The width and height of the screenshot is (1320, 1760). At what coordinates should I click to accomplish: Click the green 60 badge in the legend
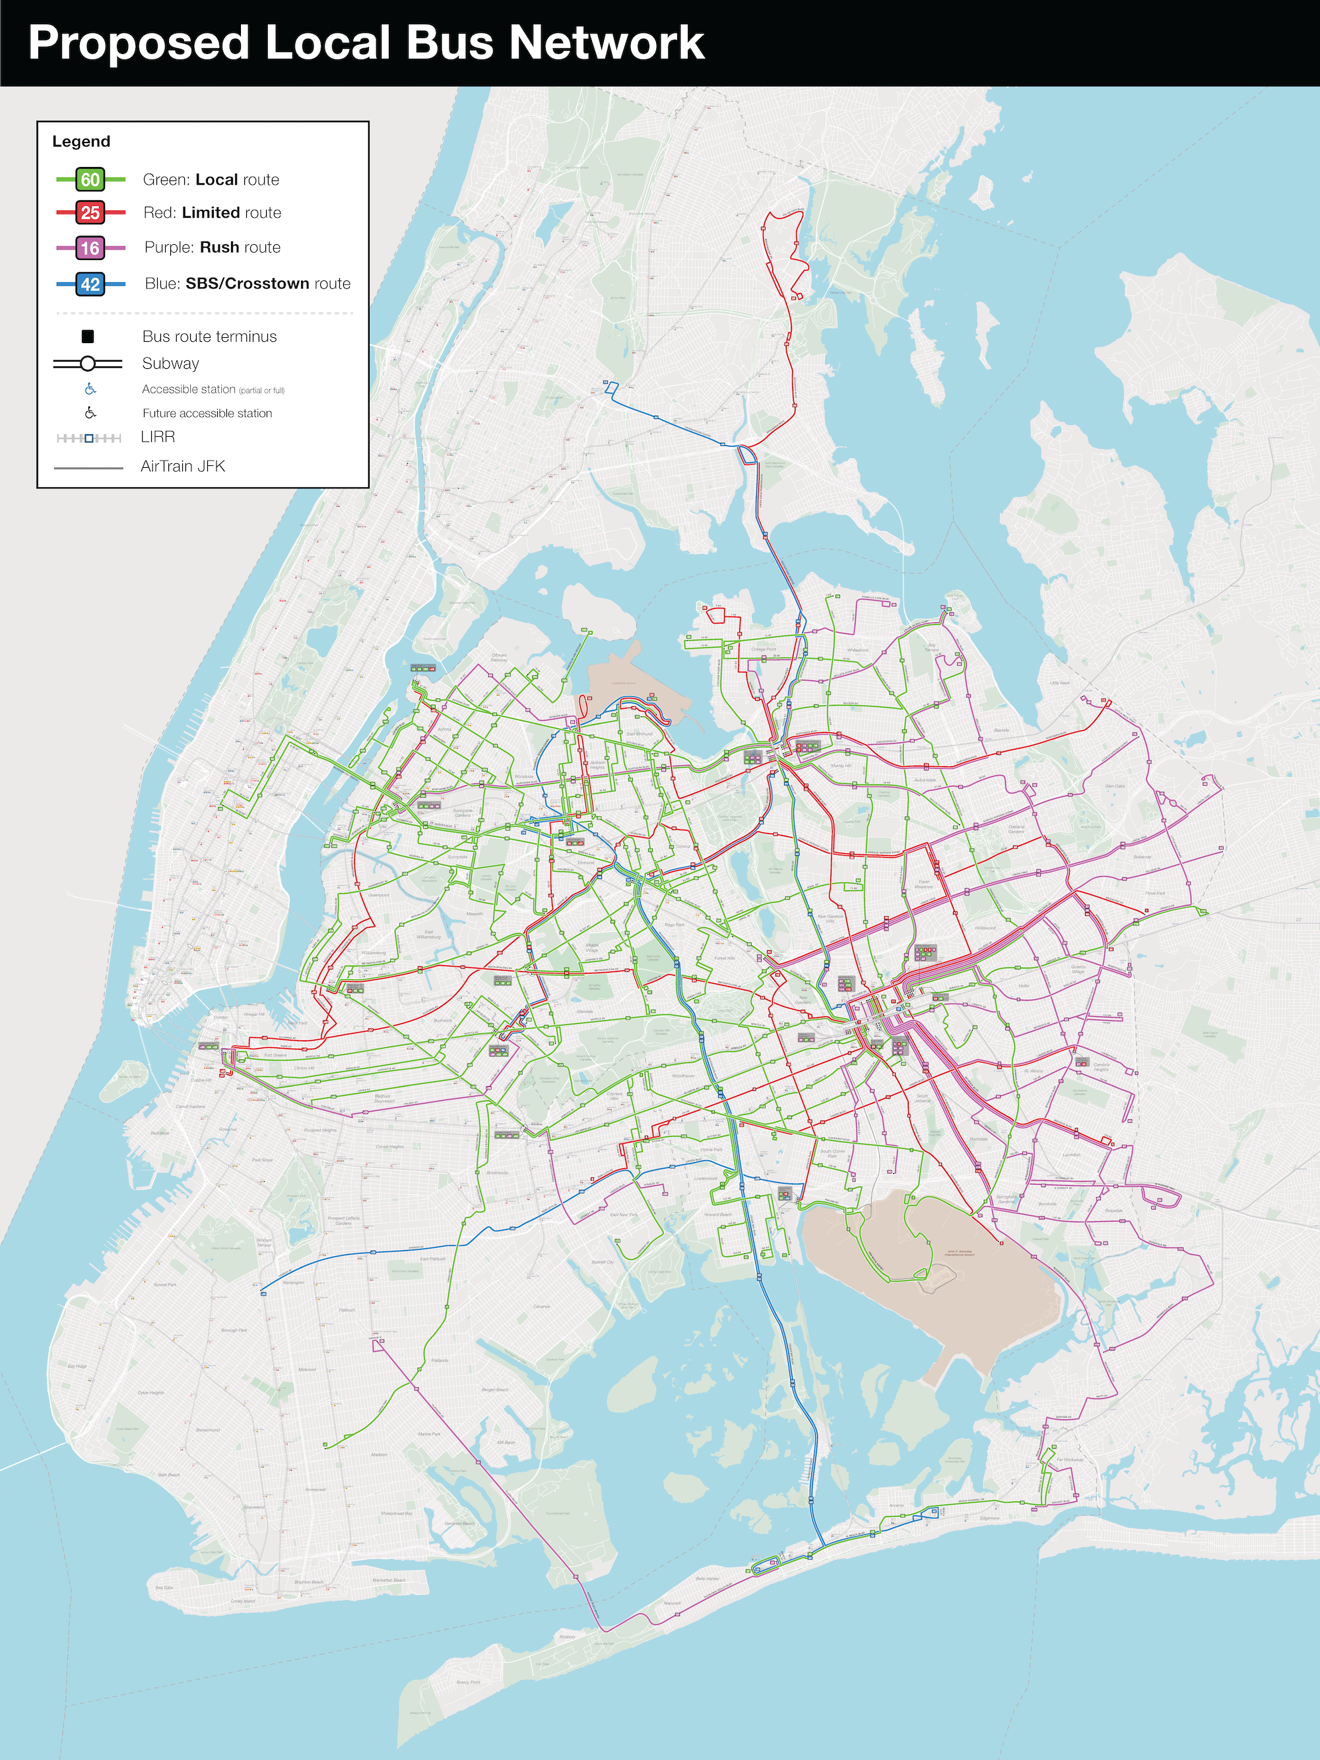coord(90,179)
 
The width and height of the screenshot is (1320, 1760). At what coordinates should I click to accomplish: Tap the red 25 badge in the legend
coord(90,212)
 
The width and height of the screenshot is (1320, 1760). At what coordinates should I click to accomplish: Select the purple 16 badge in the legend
coord(90,248)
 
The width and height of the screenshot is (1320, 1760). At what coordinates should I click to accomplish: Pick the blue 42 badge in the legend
coord(90,284)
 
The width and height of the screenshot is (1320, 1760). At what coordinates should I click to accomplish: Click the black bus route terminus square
coord(88,337)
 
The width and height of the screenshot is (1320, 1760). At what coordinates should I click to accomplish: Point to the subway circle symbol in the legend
coord(88,364)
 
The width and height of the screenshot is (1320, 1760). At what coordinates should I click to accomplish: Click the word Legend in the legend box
coord(81,142)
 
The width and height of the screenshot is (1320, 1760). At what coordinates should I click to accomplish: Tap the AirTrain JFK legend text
coord(182,467)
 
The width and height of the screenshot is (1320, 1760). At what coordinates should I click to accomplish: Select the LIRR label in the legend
coord(158,437)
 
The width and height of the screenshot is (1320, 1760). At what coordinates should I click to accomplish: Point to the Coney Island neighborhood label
coord(243,1601)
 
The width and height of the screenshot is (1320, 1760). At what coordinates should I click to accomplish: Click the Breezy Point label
coord(469,1682)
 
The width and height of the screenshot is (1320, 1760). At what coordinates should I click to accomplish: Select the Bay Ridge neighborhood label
coord(77,1365)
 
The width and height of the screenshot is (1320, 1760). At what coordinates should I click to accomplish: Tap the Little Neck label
coord(1060,682)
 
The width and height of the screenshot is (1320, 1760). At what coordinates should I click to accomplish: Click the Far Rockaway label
coord(1070,1459)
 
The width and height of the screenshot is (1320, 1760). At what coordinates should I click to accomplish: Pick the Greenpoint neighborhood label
coord(379,894)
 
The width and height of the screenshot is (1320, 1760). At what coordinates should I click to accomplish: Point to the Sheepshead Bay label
coord(396,1513)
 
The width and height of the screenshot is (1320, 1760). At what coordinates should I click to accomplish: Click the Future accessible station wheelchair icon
coord(90,413)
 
